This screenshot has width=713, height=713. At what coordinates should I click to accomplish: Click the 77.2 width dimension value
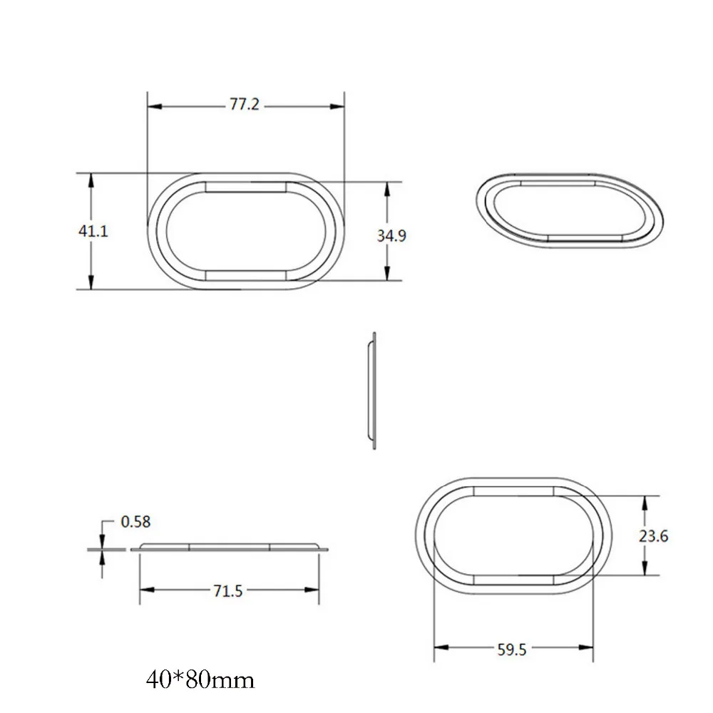point(244,105)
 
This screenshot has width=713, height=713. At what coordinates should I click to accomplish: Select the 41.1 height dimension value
point(93,231)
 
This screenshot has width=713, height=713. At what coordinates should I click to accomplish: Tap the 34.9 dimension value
point(391,235)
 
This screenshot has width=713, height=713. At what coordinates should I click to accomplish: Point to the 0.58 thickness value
point(135,522)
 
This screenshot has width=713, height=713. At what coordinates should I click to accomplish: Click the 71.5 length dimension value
point(228,591)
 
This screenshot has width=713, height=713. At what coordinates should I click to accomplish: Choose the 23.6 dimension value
point(653,536)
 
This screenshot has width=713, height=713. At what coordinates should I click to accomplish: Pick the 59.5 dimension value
point(511,650)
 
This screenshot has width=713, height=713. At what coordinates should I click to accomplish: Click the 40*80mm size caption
point(200,680)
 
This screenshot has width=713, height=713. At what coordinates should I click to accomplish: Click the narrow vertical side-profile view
point(372,391)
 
